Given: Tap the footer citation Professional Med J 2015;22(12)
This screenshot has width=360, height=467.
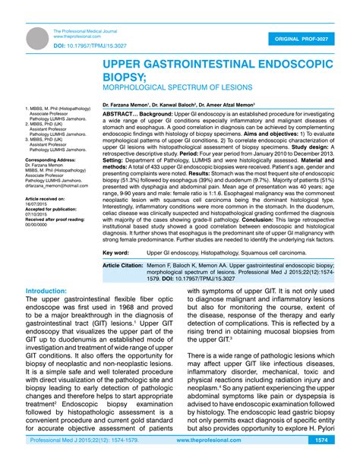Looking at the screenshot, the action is tap(69, 460).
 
